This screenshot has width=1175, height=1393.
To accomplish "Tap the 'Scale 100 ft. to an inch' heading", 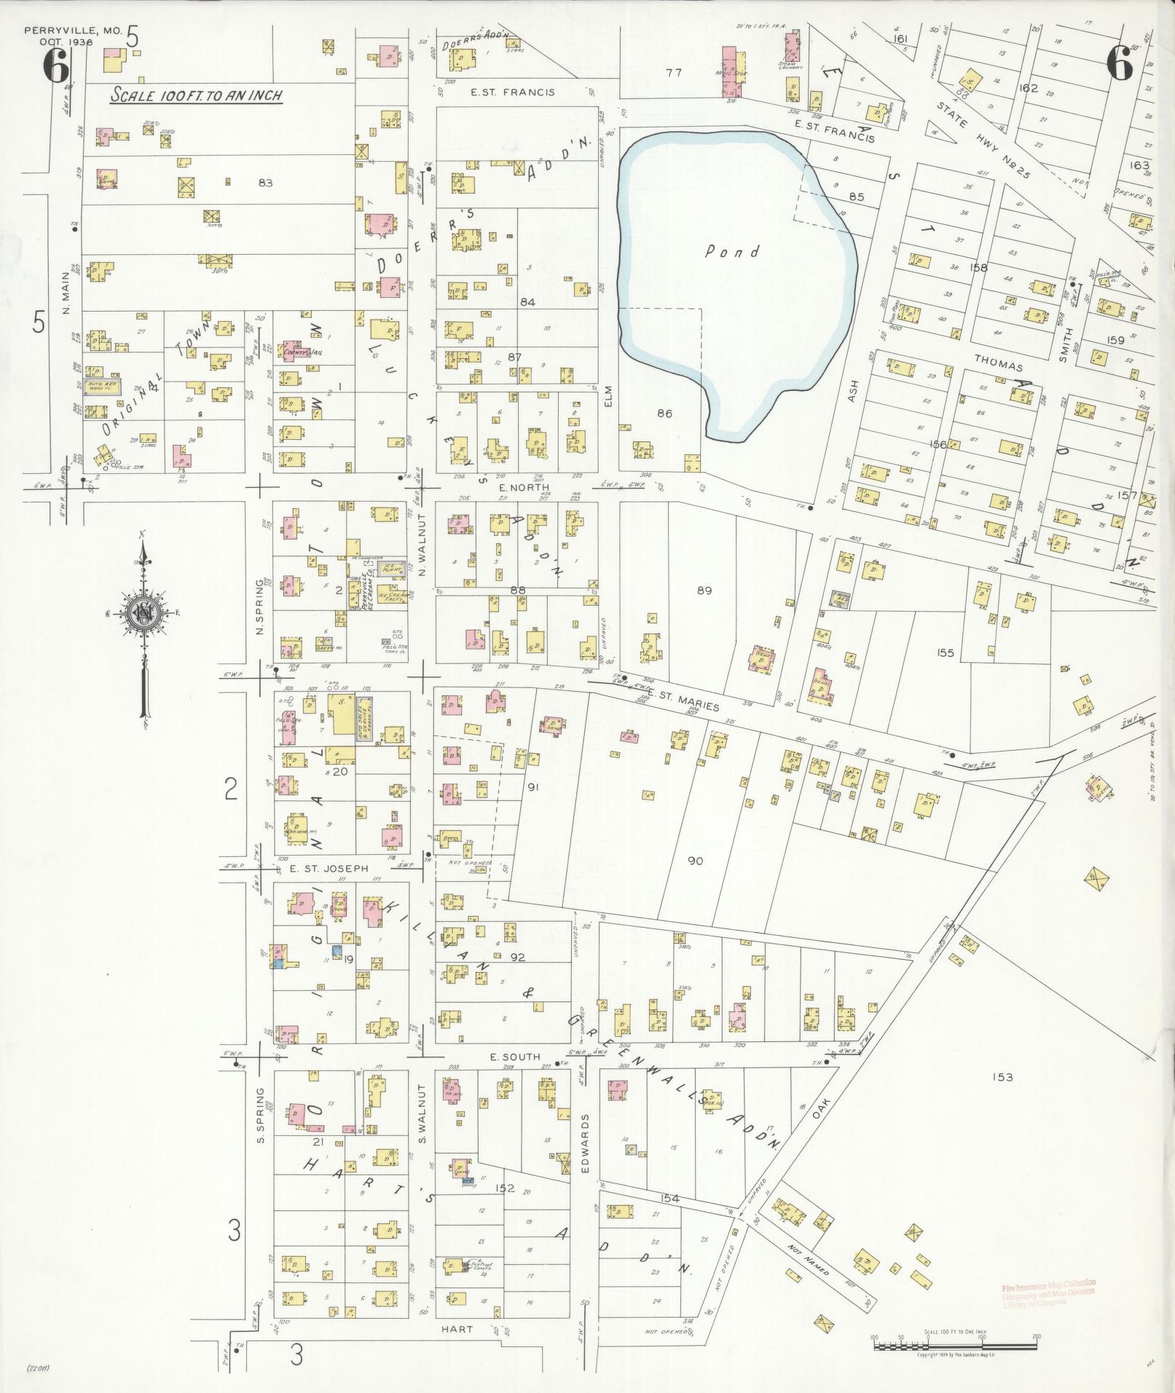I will point(196,95).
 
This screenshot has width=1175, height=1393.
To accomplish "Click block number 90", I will point(695,861).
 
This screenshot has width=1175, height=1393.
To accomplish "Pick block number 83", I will point(264,183).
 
